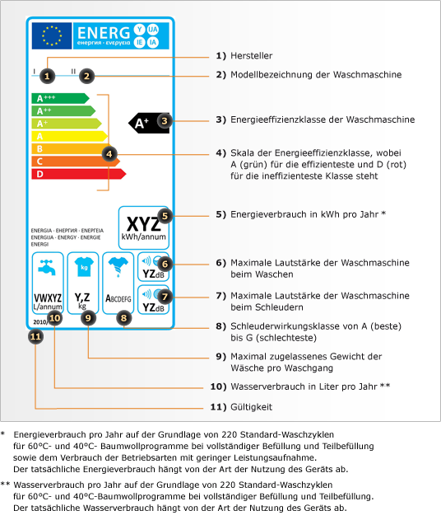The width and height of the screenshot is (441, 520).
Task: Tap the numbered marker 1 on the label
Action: pos(48,75)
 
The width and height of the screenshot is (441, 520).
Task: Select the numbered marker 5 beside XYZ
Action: pos(165,216)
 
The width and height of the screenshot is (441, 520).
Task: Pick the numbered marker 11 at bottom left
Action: pos(35,335)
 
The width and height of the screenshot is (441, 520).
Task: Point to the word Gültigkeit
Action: pos(251,407)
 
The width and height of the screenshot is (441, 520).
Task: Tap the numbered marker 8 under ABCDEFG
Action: pos(123,316)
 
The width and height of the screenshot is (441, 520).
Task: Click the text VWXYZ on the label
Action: pos(46,297)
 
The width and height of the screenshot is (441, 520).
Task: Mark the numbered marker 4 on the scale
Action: pos(109,152)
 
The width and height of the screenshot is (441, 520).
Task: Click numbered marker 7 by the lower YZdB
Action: pos(165,295)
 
